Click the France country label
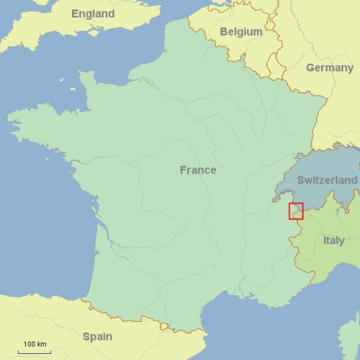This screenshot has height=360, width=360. pyautogui.click(x=198, y=170)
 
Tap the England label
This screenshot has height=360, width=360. pyautogui.click(x=93, y=14)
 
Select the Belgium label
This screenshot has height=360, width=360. pyautogui.click(x=241, y=32)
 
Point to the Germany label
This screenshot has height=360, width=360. pyautogui.click(x=329, y=68)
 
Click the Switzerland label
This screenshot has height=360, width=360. pyautogui.click(x=327, y=180)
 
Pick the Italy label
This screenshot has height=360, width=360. pyautogui.click(x=334, y=241)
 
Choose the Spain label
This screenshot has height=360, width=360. pyautogui.click(x=97, y=337)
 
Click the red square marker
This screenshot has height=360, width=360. pyautogui.click(x=296, y=211)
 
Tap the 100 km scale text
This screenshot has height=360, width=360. pyautogui.click(x=35, y=344)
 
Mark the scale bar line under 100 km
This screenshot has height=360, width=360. pyautogui.click(x=35, y=352)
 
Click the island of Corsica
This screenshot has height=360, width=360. pyautogui.click(x=350, y=339)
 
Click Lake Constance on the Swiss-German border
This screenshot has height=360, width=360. pyautogui.click(x=339, y=147)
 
